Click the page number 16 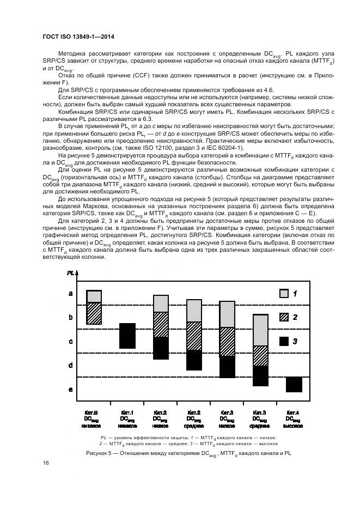46,463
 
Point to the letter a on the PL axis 70,294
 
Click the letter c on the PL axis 70,342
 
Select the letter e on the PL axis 70,389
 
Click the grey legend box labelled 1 284,294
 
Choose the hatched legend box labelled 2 284,317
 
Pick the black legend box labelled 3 284,341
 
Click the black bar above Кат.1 127,336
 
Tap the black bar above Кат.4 294,384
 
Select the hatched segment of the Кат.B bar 94,313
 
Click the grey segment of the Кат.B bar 94,296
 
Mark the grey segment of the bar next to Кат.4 260,330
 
